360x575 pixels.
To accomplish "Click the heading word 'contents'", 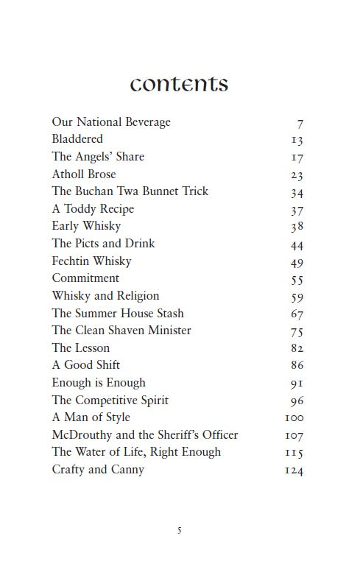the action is pos(179,83).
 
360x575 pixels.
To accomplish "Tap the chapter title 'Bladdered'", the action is pos(77,138).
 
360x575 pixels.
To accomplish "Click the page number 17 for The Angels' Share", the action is pos(297,158).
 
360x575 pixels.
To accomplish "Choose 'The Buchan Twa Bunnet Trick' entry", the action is pos(130,191).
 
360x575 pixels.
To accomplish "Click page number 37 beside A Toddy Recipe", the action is pos(297,210).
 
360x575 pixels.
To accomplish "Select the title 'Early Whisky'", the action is pos(86,226).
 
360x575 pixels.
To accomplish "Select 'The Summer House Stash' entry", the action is pos(118,313).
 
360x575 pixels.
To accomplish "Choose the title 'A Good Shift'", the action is pos(85,364).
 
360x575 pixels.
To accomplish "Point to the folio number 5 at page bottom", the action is pos(179,530).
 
